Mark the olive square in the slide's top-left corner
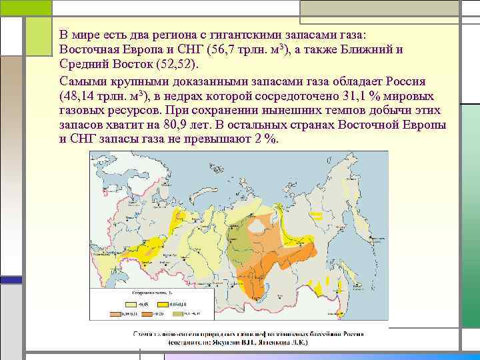(x=26, y=7)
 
